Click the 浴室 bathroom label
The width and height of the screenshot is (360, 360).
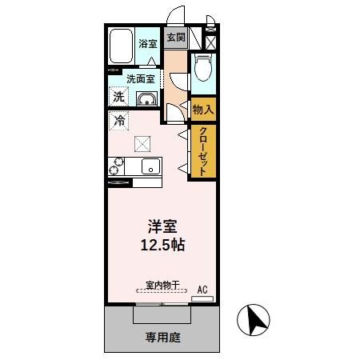tap(146, 45)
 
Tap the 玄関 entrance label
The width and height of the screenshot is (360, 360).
tap(175, 37)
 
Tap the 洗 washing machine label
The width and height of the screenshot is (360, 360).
tap(118, 96)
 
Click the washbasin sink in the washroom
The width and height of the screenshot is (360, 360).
tap(148, 99)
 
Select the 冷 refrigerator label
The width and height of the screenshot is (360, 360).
tap(118, 122)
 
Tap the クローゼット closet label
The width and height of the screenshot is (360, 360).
tap(204, 151)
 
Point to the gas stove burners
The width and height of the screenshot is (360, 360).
tap(116, 167)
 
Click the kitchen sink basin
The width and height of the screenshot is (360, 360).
tap(150, 167)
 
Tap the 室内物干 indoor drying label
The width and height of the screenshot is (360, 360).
tap(162, 285)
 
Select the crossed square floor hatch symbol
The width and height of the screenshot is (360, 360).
tap(142, 143)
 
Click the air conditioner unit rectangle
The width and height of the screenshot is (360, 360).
tap(202, 298)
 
